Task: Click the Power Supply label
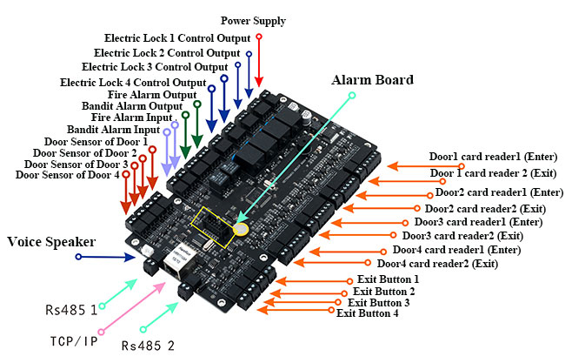(253, 20)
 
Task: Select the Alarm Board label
(372, 79)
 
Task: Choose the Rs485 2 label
(152, 346)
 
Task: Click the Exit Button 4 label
(367, 313)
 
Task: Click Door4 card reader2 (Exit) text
(437, 263)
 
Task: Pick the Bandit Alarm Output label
(131, 106)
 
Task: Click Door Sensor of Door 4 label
(67, 175)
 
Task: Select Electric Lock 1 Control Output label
(178, 38)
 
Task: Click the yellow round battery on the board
(243, 228)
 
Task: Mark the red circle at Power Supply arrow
(259, 37)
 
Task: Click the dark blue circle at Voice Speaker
(79, 257)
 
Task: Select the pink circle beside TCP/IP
(102, 332)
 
